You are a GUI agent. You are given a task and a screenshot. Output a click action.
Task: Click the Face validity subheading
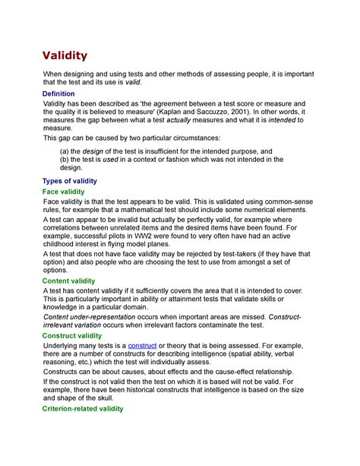[x=63, y=192]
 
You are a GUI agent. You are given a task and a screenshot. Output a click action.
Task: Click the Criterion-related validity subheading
[x=83, y=409]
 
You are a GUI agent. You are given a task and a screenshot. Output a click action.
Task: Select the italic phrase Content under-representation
[x=93, y=316]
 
